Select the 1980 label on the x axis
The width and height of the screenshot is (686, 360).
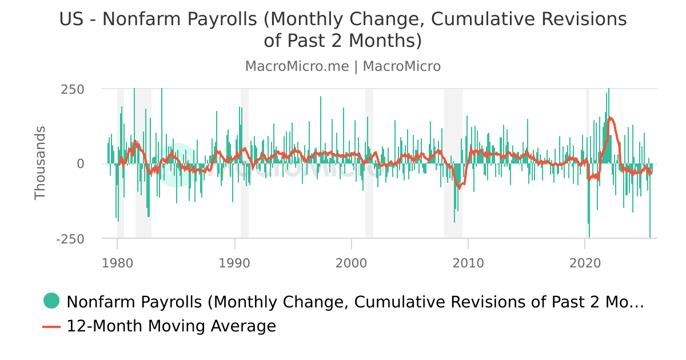(x=117, y=263)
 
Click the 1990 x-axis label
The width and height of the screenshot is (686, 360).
(x=234, y=263)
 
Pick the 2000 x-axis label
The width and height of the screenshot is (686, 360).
(x=351, y=263)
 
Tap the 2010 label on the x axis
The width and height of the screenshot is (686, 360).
(x=468, y=263)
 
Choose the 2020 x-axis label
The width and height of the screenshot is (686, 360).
(x=585, y=263)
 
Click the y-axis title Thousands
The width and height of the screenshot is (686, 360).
(x=40, y=163)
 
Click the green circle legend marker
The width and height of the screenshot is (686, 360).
(x=51, y=301)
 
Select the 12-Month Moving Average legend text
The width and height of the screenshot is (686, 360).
(x=171, y=326)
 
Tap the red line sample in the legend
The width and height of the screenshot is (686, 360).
(x=51, y=326)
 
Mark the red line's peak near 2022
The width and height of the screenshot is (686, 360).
(x=611, y=118)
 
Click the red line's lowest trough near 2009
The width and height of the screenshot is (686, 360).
(x=459, y=187)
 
